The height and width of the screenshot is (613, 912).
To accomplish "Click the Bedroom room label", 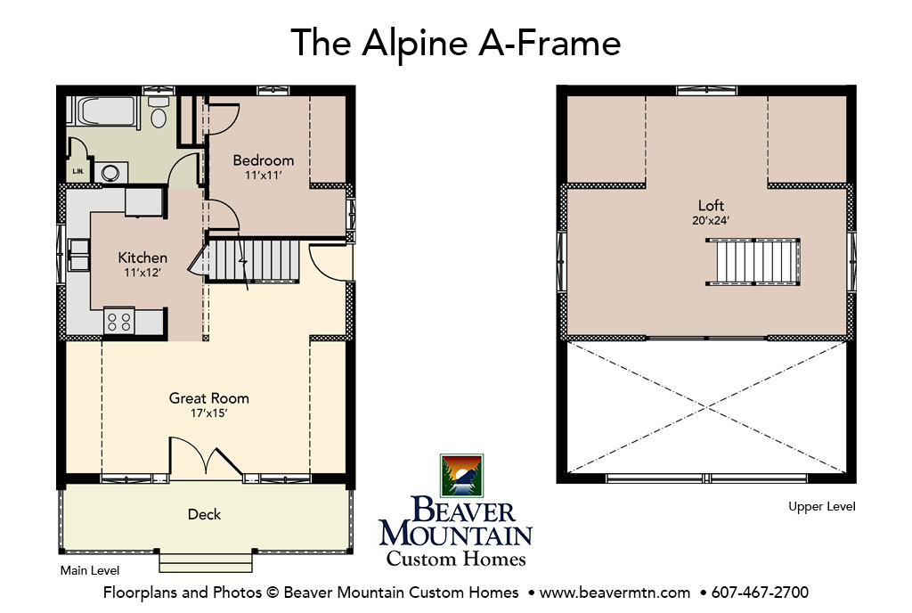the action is (264, 160).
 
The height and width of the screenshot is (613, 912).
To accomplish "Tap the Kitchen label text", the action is (142, 257).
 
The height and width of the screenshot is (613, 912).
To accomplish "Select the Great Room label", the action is (208, 398).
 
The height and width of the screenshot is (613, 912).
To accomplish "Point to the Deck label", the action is (204, 514).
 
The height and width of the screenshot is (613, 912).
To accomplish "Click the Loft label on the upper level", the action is (711, 205).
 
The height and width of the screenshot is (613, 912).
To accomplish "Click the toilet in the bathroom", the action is (159, 111).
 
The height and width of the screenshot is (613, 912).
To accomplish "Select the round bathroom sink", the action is (110, 173).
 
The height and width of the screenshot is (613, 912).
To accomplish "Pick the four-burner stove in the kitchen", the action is (119, 322).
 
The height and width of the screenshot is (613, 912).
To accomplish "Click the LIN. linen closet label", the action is (78, 172).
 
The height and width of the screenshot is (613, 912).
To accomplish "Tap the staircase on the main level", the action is (254, 262).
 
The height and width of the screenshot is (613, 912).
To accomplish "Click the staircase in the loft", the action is (753, 262).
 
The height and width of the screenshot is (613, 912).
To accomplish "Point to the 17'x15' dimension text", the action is (208, 413).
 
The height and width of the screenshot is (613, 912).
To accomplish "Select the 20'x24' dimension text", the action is (711, 220).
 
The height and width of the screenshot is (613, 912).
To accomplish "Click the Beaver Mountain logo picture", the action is (462, 476).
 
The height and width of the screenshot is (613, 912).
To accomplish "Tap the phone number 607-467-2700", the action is (760, 593).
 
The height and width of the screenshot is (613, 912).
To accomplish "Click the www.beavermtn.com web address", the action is (615, 593).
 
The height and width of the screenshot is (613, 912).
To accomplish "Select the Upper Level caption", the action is (822, 507).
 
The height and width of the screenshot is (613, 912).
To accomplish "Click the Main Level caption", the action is (90, 570).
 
